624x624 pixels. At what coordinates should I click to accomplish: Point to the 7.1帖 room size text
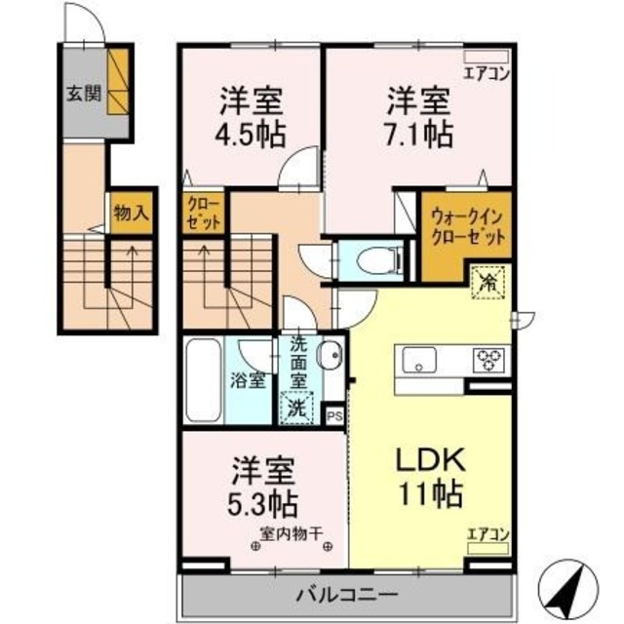coord(420,133)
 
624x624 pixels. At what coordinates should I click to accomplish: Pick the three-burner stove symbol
coord(487,360)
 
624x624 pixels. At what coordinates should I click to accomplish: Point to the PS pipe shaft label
coord(334,414)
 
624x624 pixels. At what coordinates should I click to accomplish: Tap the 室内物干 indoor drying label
coord(292,533)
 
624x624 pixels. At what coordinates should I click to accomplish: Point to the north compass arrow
coord(569,582)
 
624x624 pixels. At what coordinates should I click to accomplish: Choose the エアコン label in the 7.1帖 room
coord(487,71)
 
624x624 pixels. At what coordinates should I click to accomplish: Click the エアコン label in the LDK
coord(488,533)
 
